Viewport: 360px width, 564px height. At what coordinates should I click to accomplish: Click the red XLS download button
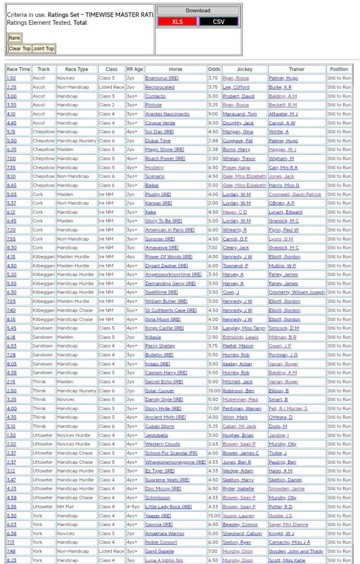click(x=177, y=21)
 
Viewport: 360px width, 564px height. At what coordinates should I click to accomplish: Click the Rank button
click(x=14, y=38)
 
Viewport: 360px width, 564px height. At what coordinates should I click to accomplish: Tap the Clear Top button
click(x=19, y=48)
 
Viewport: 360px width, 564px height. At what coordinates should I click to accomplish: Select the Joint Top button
click(x=43, y=48)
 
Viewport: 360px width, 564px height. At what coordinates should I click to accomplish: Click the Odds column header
click(x=214, y=69)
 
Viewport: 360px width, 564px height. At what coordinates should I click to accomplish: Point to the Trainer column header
click(x=296, y=69)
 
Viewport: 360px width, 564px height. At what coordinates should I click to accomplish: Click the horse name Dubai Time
click(x=158, y=140)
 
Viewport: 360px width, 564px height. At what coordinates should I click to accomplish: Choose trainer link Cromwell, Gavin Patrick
click(x=295, y=194)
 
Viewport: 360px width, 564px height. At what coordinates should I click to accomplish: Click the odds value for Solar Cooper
click(x=214, y=391)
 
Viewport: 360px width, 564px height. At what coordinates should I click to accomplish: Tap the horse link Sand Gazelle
click(x=160, y=551)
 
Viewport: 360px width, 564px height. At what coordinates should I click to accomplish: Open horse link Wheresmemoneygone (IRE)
click(x=176, y=462)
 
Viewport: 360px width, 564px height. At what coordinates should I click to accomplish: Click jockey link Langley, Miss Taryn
click(x=244, y=328)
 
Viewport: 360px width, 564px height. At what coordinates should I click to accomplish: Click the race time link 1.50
click(x=11, y=78)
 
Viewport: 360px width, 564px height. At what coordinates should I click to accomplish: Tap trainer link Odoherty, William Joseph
click(x=297, y=292)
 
